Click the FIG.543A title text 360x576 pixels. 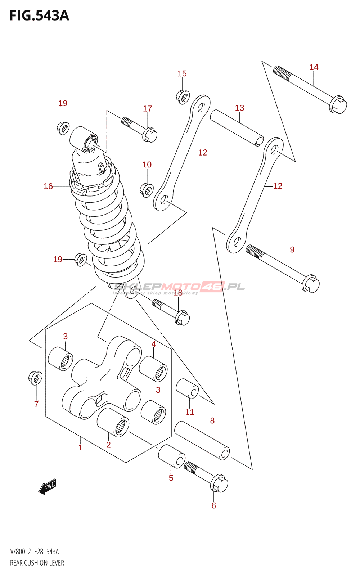coord(39,16)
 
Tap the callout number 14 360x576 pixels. coord(314,67)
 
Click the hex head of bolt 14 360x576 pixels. coord(338,104)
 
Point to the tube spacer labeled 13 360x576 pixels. coord(237,128)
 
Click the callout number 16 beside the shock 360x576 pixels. coord(48,186)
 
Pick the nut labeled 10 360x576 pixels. coord(146,190)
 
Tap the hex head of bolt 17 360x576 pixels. coord(150,135)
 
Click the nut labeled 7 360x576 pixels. coord(35,378)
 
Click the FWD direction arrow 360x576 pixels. coord(48,486)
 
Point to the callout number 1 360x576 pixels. coord(80,447)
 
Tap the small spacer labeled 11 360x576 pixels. coord(187,389)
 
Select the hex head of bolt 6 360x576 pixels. coord(219,483)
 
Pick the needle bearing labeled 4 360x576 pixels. coord(153,368)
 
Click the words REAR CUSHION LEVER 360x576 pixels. coord(37,563)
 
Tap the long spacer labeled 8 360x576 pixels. coord(202,441)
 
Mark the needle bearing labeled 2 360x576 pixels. coord(113,422)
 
